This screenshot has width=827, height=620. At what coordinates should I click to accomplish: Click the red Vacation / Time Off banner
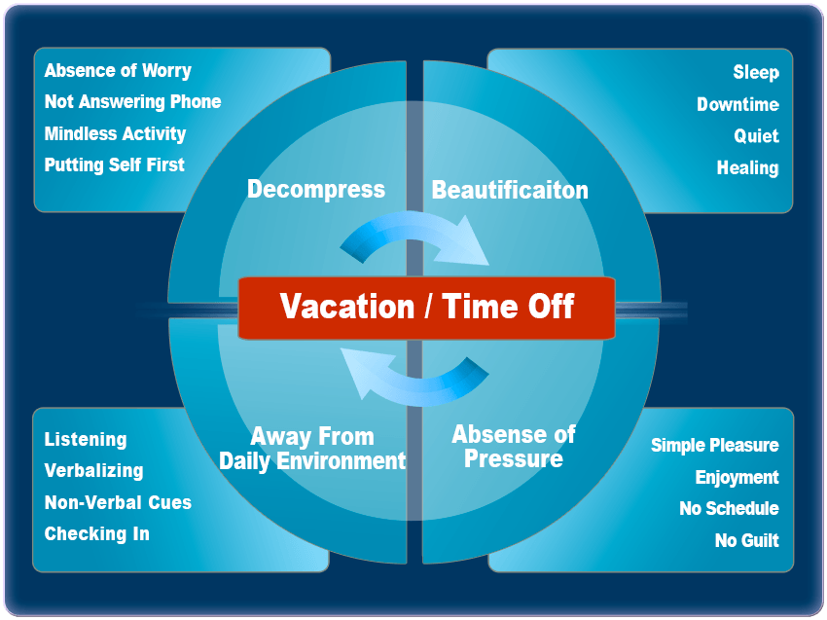pyautogui.click(x=426, y=308)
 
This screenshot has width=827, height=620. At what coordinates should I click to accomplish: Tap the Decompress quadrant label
pyautogui.click(x=316, y=190)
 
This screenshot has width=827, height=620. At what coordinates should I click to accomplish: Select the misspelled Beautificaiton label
pyautogui.click(x=510, y=190)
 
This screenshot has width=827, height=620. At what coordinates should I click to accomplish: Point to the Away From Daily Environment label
pyautogui.click(x=312, y=449)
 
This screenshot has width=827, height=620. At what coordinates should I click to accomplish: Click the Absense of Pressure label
pyautogui.click(x=513, y=447)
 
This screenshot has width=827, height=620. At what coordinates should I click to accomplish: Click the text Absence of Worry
pyautogui.click(x=118, y=71)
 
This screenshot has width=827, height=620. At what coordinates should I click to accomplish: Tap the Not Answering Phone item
pyautogui.click(x=132, y=102)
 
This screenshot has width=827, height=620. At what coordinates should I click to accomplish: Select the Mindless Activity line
pyautogui.click(x=115, y=134)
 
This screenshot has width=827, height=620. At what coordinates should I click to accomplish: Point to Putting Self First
pyautogui.click(x=115, y=165)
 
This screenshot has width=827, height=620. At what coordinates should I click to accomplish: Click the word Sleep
pyautogui.click(x=756, y=72)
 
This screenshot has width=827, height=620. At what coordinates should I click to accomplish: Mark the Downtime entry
pyautogui.click(x=737, y=104)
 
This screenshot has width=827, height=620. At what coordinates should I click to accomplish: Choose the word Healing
pyautogui.click(x=747, y=168)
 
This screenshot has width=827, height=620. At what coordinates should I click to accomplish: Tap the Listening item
pyautogui.click(x=86, y=440)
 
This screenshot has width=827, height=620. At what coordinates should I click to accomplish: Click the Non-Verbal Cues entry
pyautogui.click(x=118, y=502)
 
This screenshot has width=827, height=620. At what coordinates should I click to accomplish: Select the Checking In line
pyautogui.click(x=97, y=534)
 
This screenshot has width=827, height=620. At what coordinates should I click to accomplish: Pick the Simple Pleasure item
pyautogui.click(x=715, y=446)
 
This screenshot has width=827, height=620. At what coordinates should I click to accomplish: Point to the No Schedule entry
pyautogui.click(x=729, y=509)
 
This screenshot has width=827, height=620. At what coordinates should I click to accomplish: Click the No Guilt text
pyautogui.click(x=747, y=540)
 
